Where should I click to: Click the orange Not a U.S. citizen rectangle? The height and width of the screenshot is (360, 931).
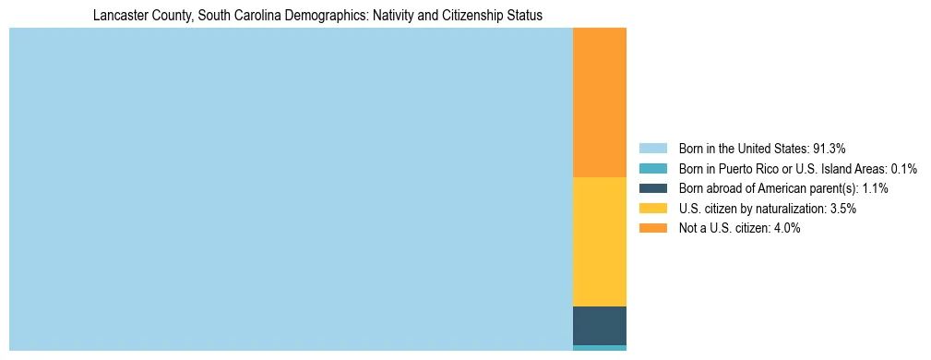click(x=600, y=102)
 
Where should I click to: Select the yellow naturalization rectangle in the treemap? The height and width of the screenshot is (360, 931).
click(x=600, y=241)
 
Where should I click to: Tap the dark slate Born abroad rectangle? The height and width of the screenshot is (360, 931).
click(x=600, y=325)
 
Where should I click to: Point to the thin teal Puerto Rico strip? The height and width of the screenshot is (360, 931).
click(x=600, y=348)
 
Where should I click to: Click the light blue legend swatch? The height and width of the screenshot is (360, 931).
click(x=652, y=149)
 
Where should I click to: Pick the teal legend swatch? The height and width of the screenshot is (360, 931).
click(x=652, y=169)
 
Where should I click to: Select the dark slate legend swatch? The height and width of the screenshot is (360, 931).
click(x=652, y=188)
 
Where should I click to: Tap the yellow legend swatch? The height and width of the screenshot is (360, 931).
click(x=652, y=209)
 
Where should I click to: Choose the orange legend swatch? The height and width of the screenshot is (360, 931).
click(x=652, y=229)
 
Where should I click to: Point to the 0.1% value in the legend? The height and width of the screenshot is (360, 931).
click(x=904, y=169)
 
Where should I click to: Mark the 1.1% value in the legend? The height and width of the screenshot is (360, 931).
click(x=875, y=188)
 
